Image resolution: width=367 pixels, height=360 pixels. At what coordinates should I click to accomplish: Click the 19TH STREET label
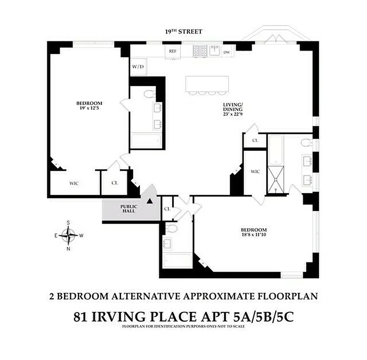tap(183, 31)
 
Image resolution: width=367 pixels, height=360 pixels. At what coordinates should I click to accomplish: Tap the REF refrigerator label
tap(172, 51)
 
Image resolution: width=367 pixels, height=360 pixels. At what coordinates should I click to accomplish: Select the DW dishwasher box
tap(227, 52)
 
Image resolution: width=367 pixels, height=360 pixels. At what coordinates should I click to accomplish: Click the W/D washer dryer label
tap(138, 67)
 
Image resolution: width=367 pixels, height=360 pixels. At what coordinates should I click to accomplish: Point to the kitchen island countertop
tap(207, 83)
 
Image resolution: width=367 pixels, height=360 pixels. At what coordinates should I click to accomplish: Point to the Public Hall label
tap(128, 209)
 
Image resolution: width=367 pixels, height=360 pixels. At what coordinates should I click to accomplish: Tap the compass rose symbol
tap(68, 234)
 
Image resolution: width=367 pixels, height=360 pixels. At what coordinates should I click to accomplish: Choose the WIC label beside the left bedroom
tap(74, 183)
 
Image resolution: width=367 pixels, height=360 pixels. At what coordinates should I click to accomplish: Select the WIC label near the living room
tap(255, 171)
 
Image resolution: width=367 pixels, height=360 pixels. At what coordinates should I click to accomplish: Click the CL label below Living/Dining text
tap(255, 140)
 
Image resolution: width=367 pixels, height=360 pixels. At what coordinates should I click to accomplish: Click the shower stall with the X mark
tap(275, 179)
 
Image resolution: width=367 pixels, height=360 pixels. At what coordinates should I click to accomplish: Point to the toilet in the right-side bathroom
tap(306, 144)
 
